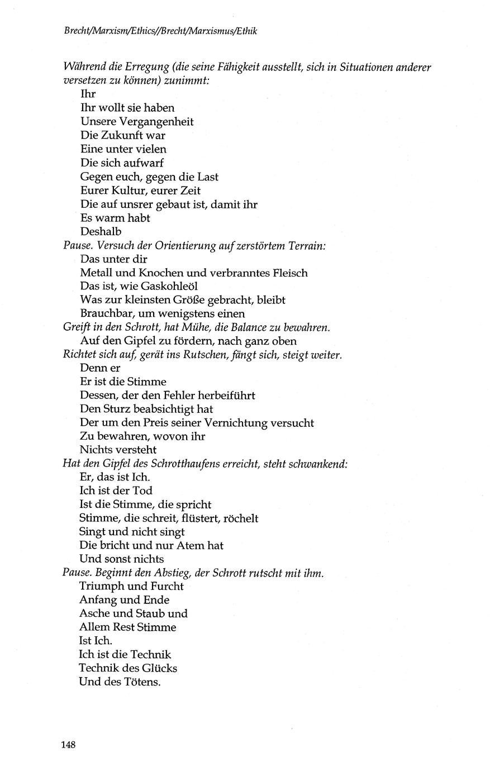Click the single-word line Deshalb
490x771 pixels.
point(101,231)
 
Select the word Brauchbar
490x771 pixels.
point(107,313)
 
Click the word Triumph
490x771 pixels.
point(104,586)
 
